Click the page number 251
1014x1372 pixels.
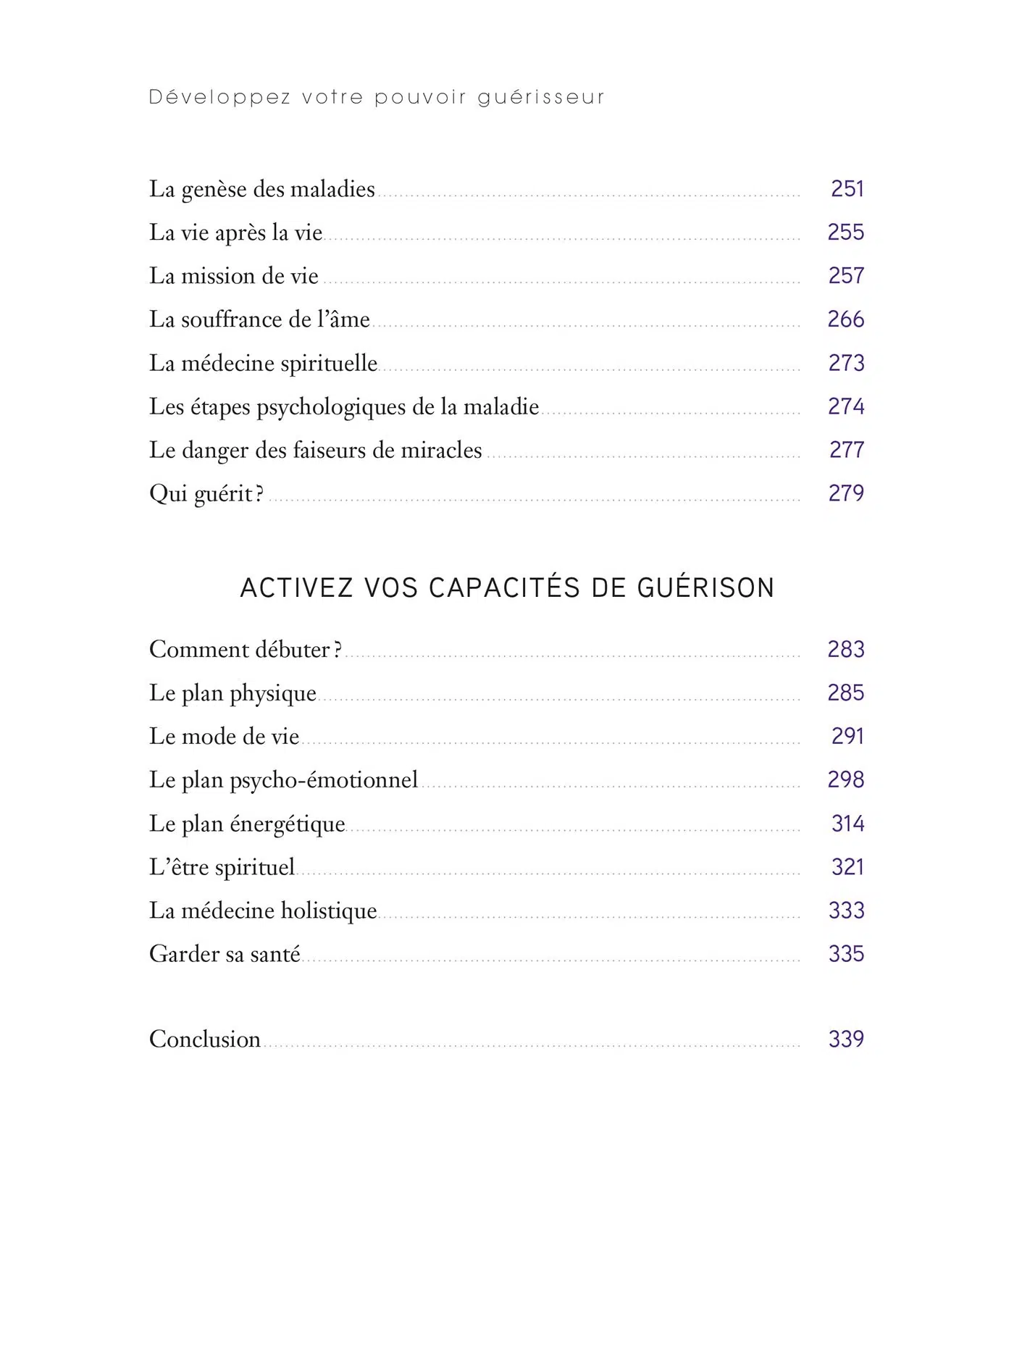click(847, 189)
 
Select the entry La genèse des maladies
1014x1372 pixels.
click(262, 190)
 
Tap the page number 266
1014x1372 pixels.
click(846, 319)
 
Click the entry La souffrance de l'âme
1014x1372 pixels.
click(259, 320)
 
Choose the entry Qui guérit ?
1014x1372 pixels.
click(206, 494)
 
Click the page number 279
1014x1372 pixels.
click(846, 493)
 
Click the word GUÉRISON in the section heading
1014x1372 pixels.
click(706, 587)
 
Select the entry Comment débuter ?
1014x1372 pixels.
click(246, 650)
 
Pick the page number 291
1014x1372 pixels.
click(847, 737)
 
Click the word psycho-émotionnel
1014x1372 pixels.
click(324, 780)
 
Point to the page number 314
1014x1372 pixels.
click(847, 824)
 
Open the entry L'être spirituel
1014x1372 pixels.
click(222, 867)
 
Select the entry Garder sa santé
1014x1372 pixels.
click(225, 954)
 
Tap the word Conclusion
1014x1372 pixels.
click(205, 1040)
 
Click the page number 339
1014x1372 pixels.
click(846, 1040)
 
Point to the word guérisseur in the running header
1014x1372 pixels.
click(541, 97)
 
